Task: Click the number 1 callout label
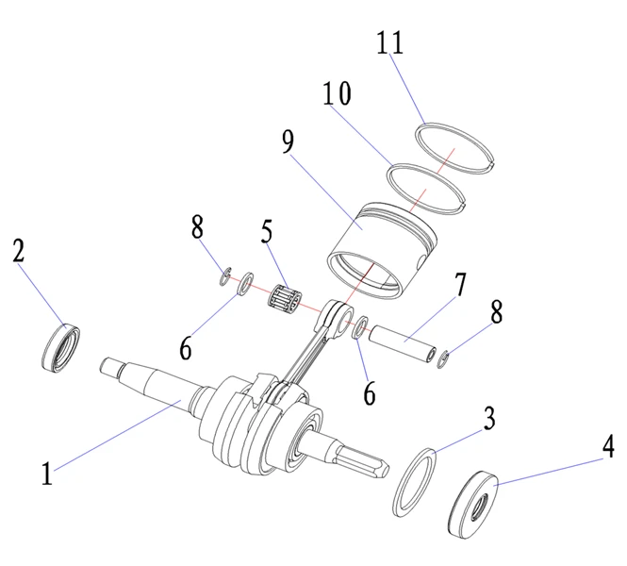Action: coord(46,472)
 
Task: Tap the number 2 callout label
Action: coord(18,251)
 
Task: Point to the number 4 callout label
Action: coord(608,445)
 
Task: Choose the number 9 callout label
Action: coord(289,142)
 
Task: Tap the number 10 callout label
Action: coord(336,93)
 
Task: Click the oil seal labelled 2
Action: coord(61,346)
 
